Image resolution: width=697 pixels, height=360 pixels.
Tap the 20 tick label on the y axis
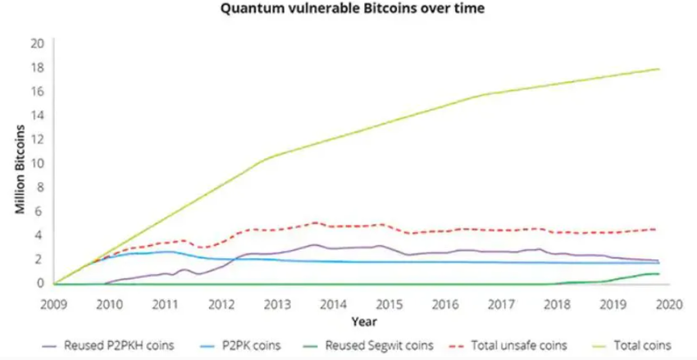click(35, 43)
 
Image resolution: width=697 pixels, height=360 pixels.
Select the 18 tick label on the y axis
click(35, 66)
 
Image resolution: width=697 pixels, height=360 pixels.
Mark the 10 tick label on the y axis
click(35, 162)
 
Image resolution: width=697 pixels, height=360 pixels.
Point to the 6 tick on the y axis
click(37, 211)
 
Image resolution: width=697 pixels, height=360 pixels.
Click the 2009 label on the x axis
click(53, 303)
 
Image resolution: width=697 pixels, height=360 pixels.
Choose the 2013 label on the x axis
click(277, 303)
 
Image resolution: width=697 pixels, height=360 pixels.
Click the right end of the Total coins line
click(659, 69)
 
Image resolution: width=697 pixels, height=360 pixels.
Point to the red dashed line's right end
click(656, 229)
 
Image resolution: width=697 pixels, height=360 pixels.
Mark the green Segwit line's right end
click(658, 274)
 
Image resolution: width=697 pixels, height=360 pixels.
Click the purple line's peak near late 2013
click(314, 244)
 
